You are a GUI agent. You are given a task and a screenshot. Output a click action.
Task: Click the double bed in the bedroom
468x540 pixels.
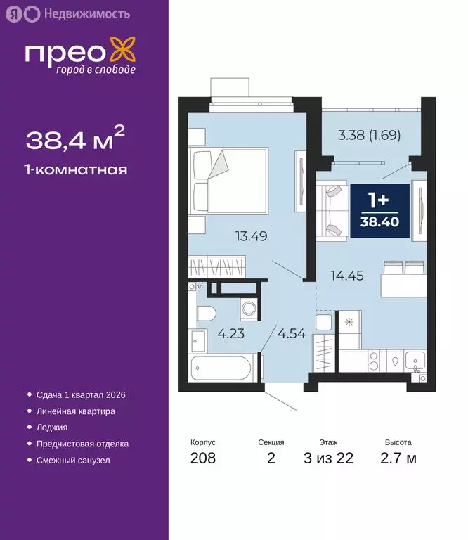[230, 181]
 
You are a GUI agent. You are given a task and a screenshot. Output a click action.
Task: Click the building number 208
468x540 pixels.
[202, 459]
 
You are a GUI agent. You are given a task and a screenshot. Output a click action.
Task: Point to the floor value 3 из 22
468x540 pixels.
[328, 459]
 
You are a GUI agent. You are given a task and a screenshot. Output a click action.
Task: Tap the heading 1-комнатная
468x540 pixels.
[76, 169]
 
